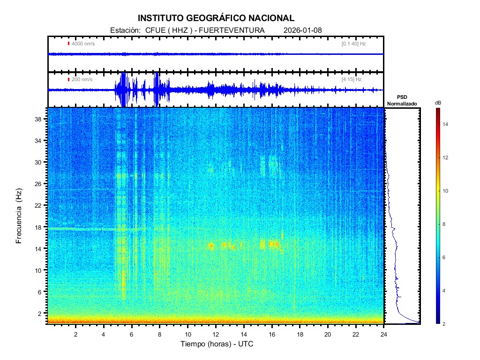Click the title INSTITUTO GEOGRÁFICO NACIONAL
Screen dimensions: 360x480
pos(216,18)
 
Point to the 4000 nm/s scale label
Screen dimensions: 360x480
pos(83,44)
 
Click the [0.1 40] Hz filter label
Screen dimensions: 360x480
pos(353,44)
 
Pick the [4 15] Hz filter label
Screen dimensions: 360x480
pos(352,79)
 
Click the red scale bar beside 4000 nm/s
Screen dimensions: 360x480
pos(68,44)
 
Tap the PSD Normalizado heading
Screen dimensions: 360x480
pos(402,100)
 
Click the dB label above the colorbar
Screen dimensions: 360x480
pos(438,102)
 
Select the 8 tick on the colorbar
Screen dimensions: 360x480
pos(445,225)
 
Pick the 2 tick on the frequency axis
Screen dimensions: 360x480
pos(40,313)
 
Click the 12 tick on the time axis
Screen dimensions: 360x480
pos(216,335)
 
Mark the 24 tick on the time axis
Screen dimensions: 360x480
pos(384,335)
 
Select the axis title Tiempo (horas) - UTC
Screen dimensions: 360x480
pos(217,345)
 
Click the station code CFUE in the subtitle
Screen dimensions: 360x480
pos(153,30)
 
